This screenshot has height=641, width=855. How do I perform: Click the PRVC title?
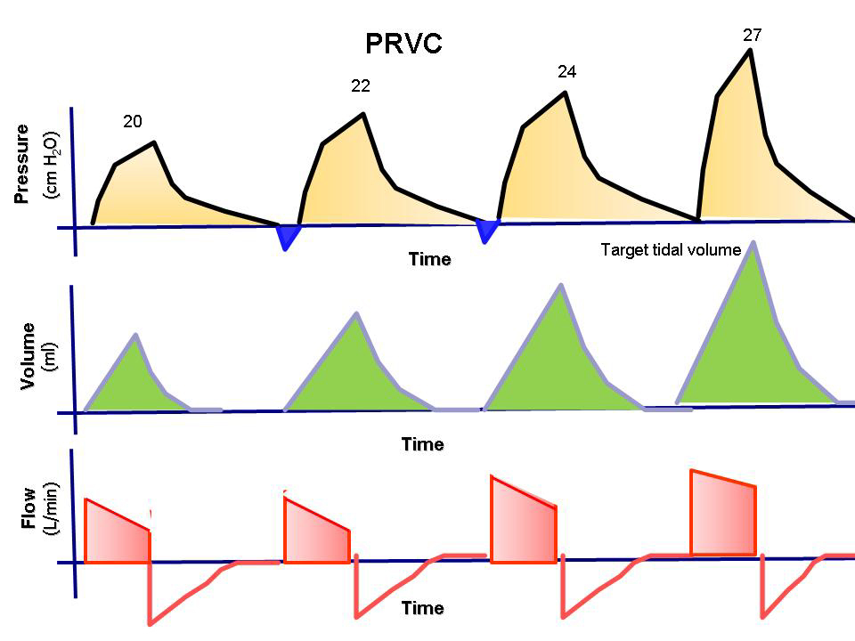point(403,45)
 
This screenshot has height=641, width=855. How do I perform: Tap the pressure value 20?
point(132,122)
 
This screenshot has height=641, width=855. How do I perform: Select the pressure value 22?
point(360,86)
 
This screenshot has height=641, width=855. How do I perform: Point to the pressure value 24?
point(566,72)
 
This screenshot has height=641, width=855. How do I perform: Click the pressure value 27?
point(752,35)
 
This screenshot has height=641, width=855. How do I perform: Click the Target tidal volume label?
point(671,250)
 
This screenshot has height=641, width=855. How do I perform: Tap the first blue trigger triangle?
point(286,236)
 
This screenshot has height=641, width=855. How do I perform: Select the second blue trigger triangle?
point(486,230)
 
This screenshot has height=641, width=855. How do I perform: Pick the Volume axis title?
point(28,356)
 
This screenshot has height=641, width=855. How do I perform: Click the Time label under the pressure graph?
point(429,260)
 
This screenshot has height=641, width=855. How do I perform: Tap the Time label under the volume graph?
point(422,443)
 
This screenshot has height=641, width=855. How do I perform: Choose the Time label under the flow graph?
point(422,609)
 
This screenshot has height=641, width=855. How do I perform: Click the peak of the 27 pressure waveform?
point(751,51)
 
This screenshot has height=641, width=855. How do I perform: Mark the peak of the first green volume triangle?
point(135,336)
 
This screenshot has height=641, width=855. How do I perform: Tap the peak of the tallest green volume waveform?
point(753,243)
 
